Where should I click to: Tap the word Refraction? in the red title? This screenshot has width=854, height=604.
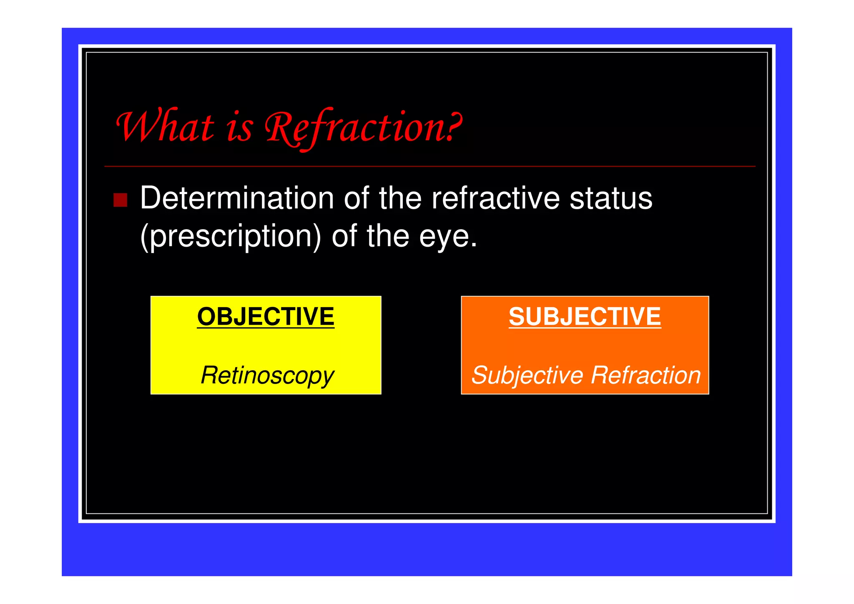pyautogui.click(x=363, y=127)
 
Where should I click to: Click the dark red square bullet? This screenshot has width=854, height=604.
pyautogui.click(x=120, y=200)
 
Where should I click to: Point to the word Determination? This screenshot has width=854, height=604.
pyautogui.click(x=236, y=198)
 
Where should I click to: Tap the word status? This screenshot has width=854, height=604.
pyautogui.click(x=610, y=198)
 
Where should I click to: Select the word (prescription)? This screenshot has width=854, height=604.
pyautogui.click(x=231, y=237)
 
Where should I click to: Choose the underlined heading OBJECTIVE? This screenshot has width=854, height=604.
pyautogui.click(x=266, y=316)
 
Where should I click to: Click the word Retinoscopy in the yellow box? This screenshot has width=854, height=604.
pyautogui.click(x=267, y=375)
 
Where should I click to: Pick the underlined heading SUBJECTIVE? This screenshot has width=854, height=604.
pyautogui.click(x=585, y=316)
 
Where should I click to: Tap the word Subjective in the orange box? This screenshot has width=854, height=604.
pyautogui.click(x=527, y=375)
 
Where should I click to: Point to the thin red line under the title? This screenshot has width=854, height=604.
pyautogui.click(x=430, y=167)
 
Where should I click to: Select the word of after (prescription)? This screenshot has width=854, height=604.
pyautogui.click(x=344, y=237)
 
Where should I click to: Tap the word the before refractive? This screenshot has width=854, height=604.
pyautogui.click(x=400, y=198)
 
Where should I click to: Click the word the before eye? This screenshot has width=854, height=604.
pyautogui.click(x=388, y=237)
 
